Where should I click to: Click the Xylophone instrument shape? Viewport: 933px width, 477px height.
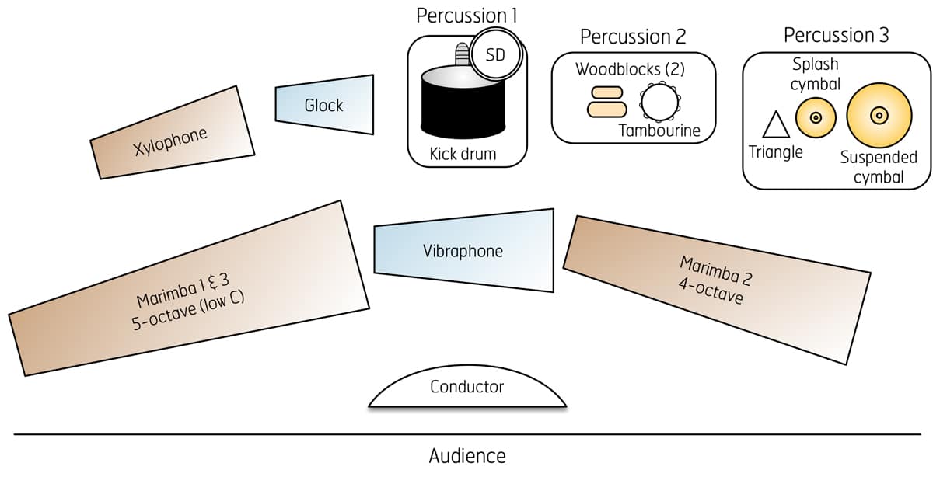click(172, 133)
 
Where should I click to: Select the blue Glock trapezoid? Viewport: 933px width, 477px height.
click(324, 104)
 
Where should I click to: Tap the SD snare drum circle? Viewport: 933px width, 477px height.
click(494, 54)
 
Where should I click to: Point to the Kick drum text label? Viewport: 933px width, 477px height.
click(463, 154)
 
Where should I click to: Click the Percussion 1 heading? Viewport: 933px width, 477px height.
click(466, 16)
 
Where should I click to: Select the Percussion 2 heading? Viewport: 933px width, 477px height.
click(633, 37)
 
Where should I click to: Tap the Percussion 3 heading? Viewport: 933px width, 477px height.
click(837, 35)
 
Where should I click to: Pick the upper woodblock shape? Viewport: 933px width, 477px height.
click(606, 92)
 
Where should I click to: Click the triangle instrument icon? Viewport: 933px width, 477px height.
click(775, 125)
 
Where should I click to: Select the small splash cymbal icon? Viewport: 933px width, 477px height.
click(815, 117)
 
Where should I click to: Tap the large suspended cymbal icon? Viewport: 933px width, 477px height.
click(877, 116)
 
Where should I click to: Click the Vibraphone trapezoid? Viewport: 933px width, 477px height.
click(463, 251)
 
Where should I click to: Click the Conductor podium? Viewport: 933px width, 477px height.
click(466, 391)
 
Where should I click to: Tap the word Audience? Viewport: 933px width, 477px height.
click(466, 456)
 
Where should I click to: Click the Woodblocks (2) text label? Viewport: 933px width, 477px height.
click(630, 69)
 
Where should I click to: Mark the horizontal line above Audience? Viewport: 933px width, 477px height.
click(233, 434)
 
